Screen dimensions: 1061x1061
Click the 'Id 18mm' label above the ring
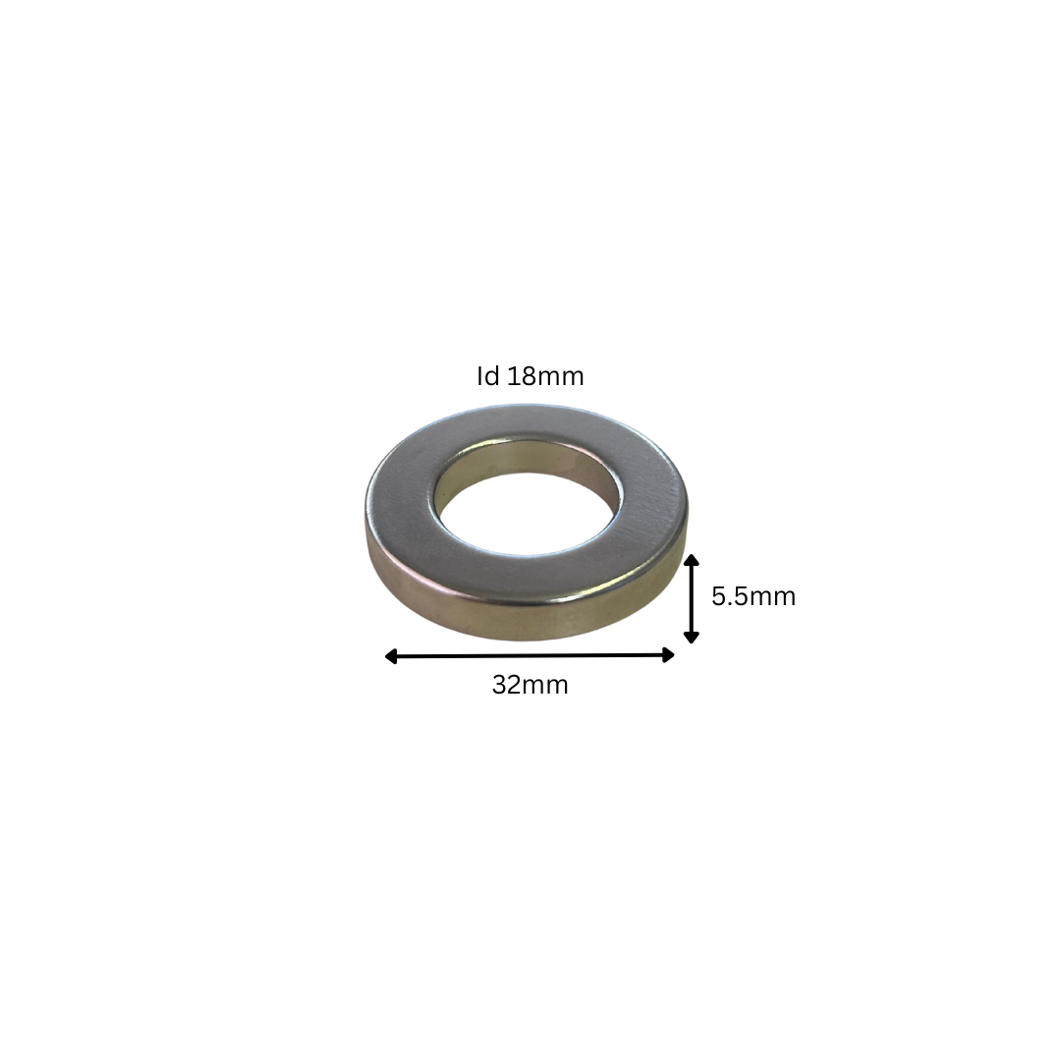530,376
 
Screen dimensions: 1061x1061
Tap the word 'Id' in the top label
487,376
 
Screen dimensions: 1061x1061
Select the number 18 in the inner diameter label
520,376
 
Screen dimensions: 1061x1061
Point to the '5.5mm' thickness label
754,596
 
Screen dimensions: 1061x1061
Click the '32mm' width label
530,685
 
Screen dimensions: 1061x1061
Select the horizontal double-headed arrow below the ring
530,655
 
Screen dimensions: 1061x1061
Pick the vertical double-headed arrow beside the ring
692,598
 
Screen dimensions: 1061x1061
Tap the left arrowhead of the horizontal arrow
391,656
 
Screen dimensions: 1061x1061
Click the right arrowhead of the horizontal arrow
669,654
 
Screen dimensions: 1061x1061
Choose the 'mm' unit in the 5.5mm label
772,596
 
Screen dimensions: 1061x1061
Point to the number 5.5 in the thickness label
729,596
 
